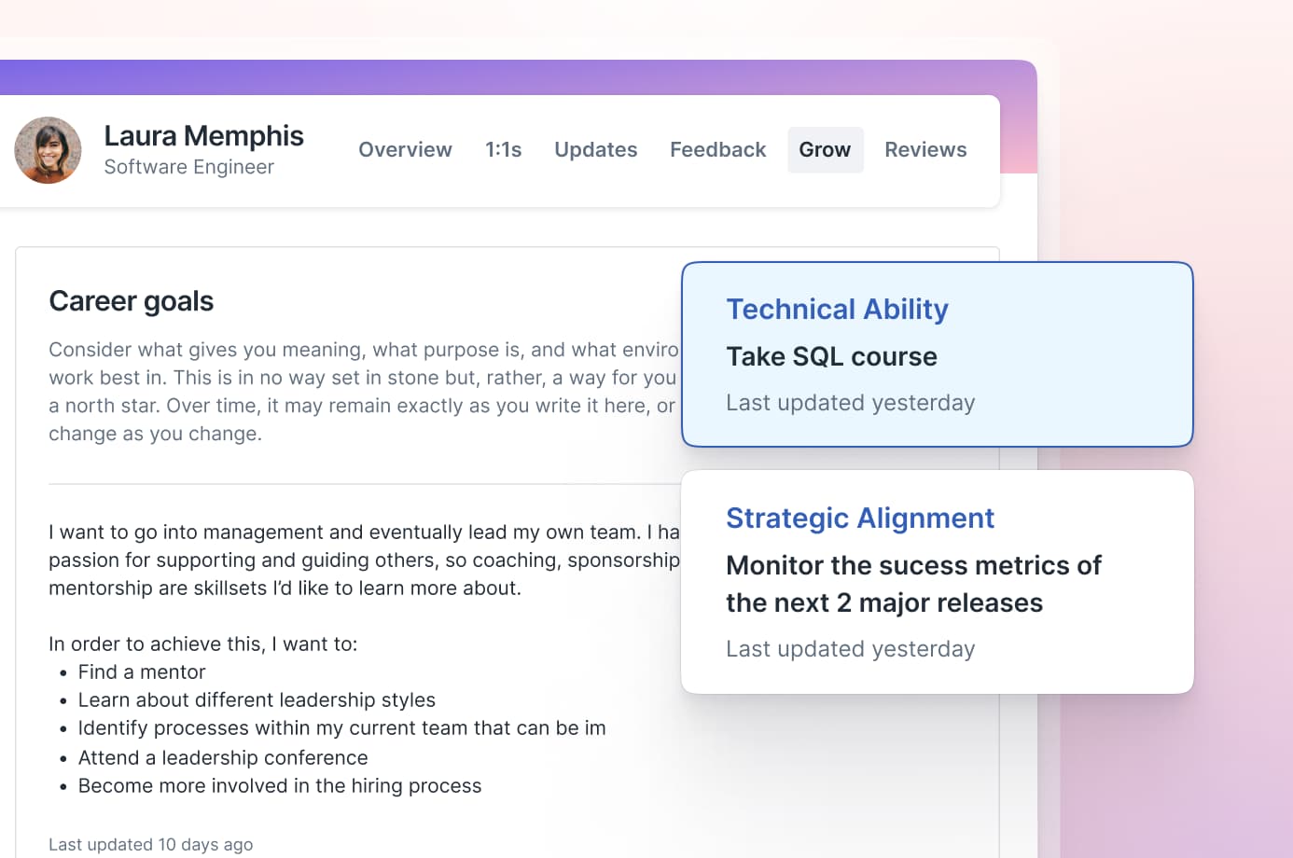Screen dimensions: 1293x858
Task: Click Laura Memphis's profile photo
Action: coord(48,150)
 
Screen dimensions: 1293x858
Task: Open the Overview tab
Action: coord(405,149)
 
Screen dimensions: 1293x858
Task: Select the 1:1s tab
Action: coord(504,149)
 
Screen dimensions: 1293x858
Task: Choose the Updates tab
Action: coord(596,149)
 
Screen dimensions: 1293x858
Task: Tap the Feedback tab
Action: coord(717,149)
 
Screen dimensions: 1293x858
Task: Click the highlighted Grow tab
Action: coord(825,149)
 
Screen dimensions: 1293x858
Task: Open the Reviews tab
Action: coord(925,149)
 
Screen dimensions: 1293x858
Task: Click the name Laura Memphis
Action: coord(203,136)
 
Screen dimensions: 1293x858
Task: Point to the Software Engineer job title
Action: coord(188,167)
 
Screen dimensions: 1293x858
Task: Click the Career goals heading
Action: coord(131,300)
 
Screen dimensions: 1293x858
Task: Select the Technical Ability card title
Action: coord(837,309)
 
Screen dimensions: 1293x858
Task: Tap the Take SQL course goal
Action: coord(831,356)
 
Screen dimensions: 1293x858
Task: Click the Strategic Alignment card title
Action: coord(860,518)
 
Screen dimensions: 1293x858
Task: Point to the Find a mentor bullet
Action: coord(142,671)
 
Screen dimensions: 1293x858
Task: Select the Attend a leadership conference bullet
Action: coord(223,757)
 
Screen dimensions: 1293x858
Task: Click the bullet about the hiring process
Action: coord(279,785)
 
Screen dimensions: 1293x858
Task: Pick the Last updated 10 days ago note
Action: coord(150,844)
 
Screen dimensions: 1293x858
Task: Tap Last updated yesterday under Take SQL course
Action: coord(850,403)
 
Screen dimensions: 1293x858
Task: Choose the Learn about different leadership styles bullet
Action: coord(257,699)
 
